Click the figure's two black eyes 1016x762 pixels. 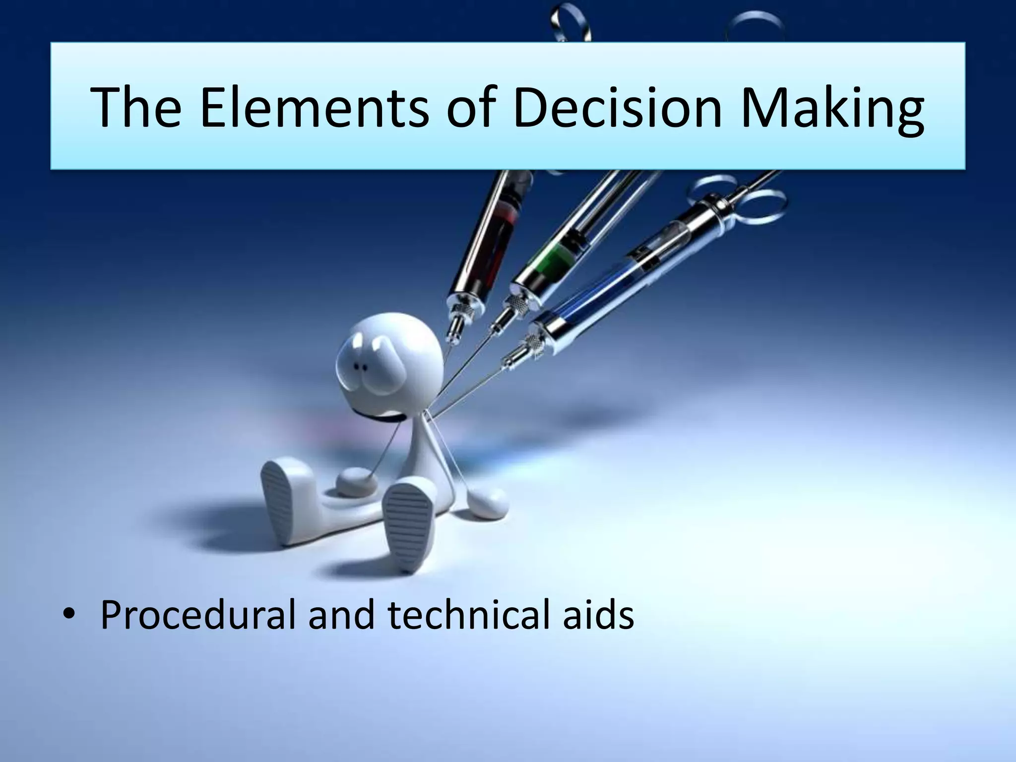pyautogui.click(x=360, y=367)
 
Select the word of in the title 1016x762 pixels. pyautogui.click(x=471, y=107)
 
